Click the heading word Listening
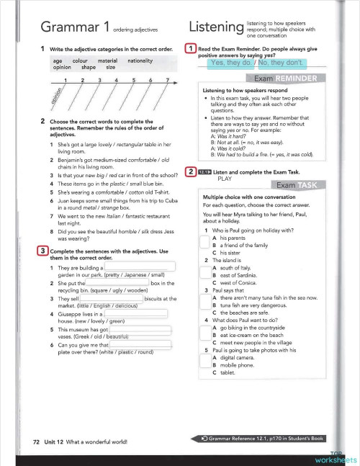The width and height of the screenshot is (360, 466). tap(215, 27)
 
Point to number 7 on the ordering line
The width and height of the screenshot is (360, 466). tap(167, 80)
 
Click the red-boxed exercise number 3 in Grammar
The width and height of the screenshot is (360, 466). tap(42, 251)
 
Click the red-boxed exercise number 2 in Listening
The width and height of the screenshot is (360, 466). tap(190, 171)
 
